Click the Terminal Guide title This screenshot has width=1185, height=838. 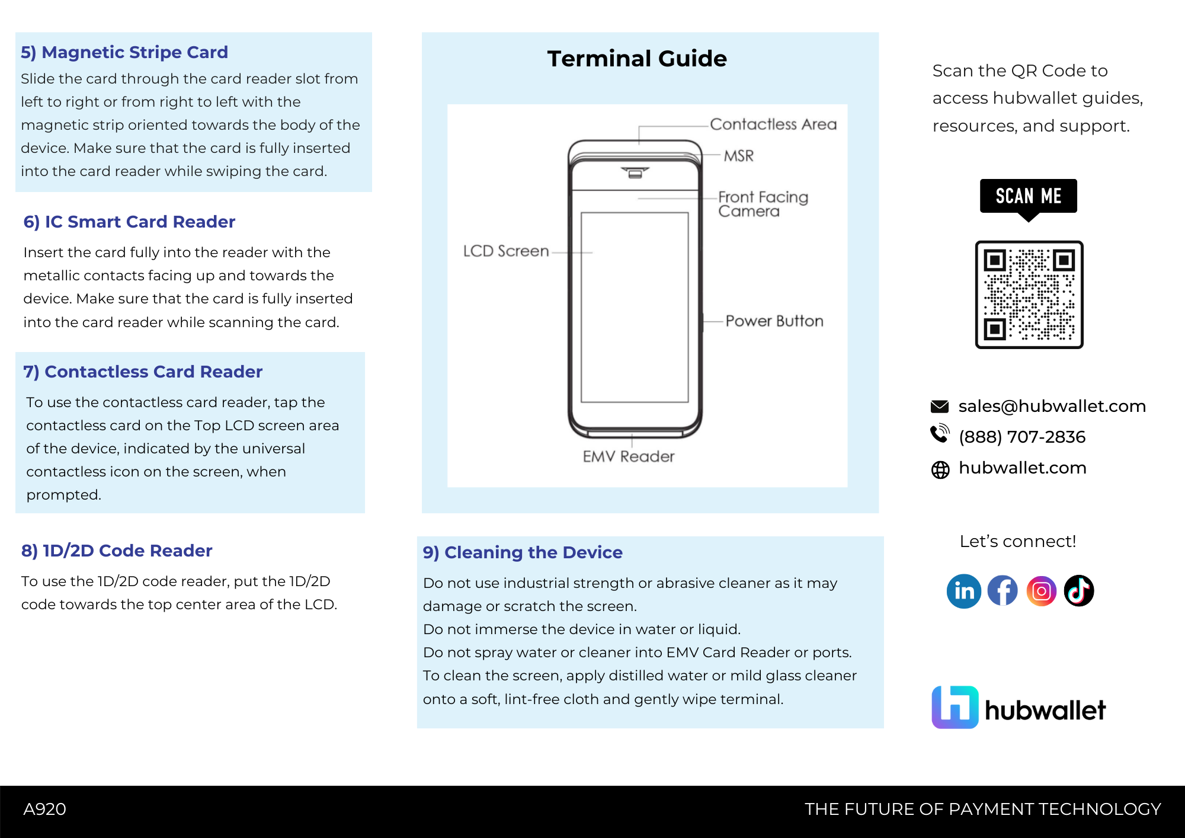pos(637,59)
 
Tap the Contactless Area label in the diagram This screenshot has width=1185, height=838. pos(773,124)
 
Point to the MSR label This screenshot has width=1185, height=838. pos(739,156)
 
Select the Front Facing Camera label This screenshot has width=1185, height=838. pos(763,204)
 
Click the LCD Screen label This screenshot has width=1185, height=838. pos(506,251)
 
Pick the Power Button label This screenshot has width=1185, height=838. pos(774,321)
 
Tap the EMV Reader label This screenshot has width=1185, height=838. pos(629,456)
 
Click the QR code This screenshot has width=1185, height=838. pos(1029,295)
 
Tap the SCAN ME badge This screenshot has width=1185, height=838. pos(1029,196)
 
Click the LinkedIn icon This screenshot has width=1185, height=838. pos(964,591)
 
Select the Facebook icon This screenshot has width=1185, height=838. pos(1003,591)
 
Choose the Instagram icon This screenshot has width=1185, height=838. pos(1041,591)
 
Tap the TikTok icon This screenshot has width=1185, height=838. pos(1079,591)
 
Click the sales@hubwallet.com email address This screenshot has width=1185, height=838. pos(1052,406)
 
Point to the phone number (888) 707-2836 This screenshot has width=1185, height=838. pos(1022,437)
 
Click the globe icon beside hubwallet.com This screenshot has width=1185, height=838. pos(940,469)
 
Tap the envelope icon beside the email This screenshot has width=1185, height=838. pos(940,407)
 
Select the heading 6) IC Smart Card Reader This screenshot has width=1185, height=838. pos(129,222)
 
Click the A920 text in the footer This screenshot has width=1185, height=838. pos(44,809)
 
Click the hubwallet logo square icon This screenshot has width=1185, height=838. pos(955,707)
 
